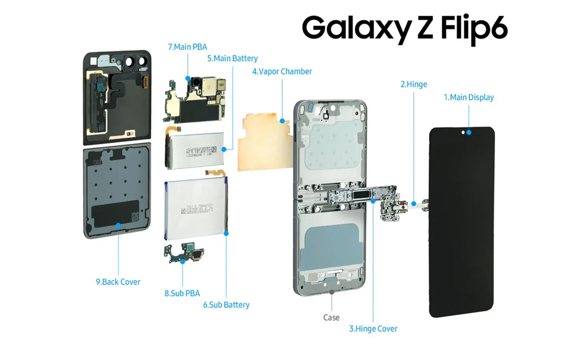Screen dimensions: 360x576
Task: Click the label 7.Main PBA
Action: (187, 47)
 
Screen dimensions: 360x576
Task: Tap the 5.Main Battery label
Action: (232, 58)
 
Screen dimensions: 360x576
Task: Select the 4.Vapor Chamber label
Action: (282, 72)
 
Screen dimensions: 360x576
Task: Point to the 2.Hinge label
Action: (414, 84)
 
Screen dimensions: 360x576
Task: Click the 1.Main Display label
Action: (468, 97)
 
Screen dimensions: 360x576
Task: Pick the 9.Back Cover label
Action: (118, 282)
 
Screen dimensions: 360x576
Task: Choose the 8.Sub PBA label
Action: (182, 293)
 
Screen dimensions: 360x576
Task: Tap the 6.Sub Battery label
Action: (226, 305)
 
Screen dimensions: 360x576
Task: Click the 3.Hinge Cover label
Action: (373, 329)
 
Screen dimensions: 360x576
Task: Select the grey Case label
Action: (331, 318)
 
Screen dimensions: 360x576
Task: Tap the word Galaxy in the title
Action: (356, 28)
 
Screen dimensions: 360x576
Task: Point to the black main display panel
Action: (462, 224)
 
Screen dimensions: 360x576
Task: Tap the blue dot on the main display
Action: (469, 132)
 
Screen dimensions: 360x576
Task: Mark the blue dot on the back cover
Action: (118, 226)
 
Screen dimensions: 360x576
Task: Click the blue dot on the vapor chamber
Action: (282, 121)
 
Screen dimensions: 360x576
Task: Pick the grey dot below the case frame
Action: (332, 292)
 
